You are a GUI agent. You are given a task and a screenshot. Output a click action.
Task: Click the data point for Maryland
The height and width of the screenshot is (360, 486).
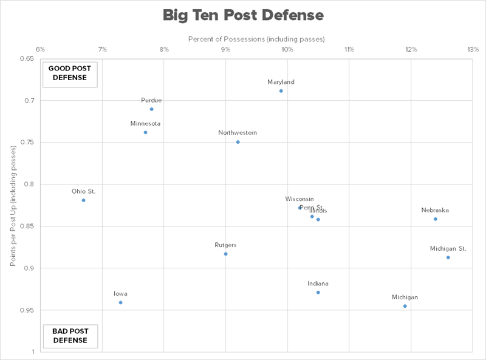tap(281, 91)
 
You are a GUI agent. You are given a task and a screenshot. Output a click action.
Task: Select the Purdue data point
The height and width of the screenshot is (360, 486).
tap(151, 109)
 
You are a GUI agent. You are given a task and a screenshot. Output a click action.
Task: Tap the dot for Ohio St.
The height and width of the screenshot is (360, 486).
tap(83, 200)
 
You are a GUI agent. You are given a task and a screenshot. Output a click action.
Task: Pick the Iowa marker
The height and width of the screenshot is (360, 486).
tap(120, 302)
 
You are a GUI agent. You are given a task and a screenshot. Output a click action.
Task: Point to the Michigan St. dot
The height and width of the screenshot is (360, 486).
tap(448, 257)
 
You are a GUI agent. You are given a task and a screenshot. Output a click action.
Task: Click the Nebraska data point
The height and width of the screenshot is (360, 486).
tap(436, 219)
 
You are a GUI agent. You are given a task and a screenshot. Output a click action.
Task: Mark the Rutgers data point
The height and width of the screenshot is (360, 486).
tap(225, 254)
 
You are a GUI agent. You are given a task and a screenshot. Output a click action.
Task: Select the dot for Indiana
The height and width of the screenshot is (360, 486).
tap(318, 293)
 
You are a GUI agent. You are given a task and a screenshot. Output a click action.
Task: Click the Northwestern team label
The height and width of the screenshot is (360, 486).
tap(238, 132)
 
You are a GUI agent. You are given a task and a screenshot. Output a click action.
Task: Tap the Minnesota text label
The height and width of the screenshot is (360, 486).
tap(145, 123)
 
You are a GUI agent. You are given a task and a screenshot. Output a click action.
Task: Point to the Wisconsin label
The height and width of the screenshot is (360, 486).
tap(299, 199)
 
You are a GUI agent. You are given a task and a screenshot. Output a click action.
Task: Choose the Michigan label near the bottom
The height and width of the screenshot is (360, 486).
tap(405, 297)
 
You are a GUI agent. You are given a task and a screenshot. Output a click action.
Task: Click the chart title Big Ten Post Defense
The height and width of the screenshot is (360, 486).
tap(243, 15)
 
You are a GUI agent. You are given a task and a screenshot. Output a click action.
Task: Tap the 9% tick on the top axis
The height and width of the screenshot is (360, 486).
tap(225, 49)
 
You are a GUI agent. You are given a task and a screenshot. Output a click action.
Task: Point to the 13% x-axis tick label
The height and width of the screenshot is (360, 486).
tap(473, 49)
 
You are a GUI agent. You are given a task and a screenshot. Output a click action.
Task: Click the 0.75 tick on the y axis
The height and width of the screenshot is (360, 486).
tap(28, 142)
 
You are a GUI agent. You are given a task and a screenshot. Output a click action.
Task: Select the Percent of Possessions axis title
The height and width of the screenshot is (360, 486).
tap(256, 39)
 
